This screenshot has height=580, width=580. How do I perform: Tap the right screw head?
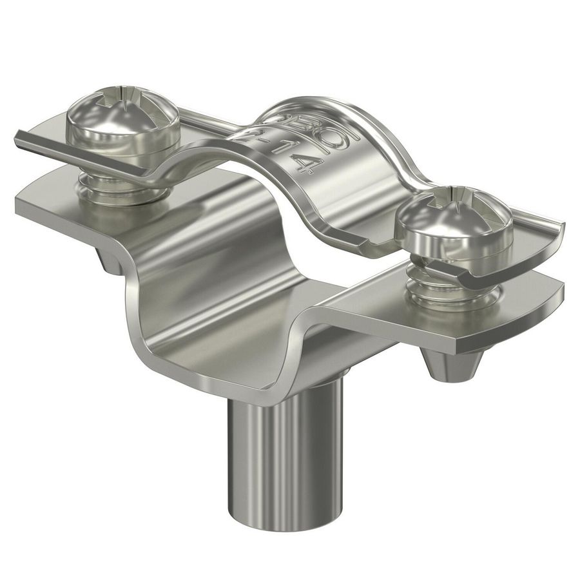[454, 216]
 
